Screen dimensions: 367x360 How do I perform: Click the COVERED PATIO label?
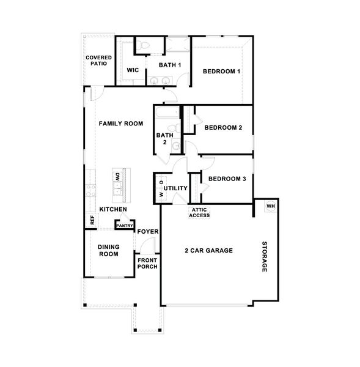tap(98, 60)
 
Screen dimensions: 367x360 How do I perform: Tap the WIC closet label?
tap(133, 70)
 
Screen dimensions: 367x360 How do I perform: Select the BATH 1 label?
tap(170, 65)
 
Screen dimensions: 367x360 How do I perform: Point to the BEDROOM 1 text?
tap(221, 72)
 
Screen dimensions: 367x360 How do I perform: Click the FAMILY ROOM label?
tap(121, 124)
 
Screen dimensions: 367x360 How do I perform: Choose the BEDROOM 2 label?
tap(224, 128)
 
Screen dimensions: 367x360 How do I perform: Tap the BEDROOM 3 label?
tap(227, 179)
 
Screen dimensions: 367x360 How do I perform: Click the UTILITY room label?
tap(175, 188)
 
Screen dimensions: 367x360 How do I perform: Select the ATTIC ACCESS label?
tap(199, 212)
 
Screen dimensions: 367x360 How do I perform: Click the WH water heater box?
tap(270, 206)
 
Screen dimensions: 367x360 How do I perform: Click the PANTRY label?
tap(125, 226)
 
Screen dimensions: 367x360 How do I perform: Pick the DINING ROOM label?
tap(108, 250)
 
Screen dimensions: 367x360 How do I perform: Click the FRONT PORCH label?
tap(147, 263)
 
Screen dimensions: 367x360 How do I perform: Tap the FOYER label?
tap(148, 232)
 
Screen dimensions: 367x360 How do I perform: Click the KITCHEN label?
tap(113, 210)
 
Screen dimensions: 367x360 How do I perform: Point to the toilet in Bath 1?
tap(141, 45)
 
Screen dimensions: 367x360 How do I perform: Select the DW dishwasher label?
tap(116, 176)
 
